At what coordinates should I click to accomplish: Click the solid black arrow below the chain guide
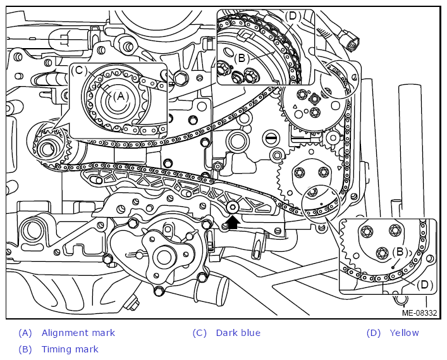pyautogui.click(x=233, y=223)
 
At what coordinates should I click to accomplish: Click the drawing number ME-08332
pyautogui.click(x=419, y=313)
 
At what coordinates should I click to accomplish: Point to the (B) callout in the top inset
pyautogui.click(x=242, y=58)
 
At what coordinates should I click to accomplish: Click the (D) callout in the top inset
pyautogui.click(x=293, y=16)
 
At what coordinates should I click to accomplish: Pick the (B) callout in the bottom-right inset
pyautogui.click(x=400, y=252)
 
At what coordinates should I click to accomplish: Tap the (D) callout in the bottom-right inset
pyautogui.click(x=425, y=285)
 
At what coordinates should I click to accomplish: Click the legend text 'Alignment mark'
pyautogui.click(x=78, y=333)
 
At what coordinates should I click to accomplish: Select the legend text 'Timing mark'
pyautogui.click(x=70, y=349)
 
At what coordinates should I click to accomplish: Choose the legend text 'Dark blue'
pyautogui.click(x=238, y=333)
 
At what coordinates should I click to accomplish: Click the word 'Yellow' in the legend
pyautogui.click(x=404, y=333)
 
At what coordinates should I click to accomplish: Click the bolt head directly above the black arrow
pyautogui.click(x=233, y=208)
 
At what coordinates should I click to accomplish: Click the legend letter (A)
pyautogui.click(x=25, y=333)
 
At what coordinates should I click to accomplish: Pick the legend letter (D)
pyautogui.click(x=374, y=333)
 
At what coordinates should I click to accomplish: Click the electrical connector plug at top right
pyautogui.click(x=350, y=40)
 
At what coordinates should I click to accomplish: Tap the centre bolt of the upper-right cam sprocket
pyautogui.click(x=314, y=99)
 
